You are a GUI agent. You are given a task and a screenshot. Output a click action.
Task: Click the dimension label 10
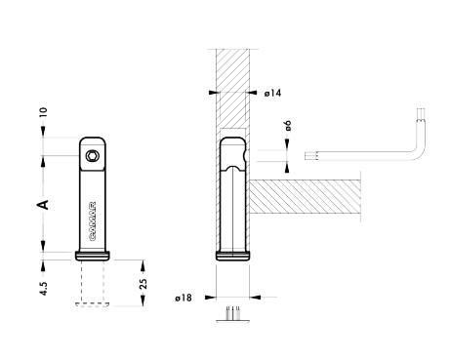coord(43,112)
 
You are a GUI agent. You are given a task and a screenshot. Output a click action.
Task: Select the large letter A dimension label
coord(43,205)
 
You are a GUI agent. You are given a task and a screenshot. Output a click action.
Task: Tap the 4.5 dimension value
coord(44,288)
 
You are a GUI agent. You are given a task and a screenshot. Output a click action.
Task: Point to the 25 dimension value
coord(143,284)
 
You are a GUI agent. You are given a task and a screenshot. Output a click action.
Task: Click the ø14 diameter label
coord(272,94)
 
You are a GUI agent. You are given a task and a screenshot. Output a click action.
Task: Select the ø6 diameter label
coord(288,126)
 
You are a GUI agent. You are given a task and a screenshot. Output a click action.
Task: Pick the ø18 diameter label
coord(184,298)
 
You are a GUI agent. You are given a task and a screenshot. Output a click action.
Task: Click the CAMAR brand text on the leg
coord(93,221)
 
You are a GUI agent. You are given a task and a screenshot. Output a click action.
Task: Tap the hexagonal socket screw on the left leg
coord(92,156)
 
